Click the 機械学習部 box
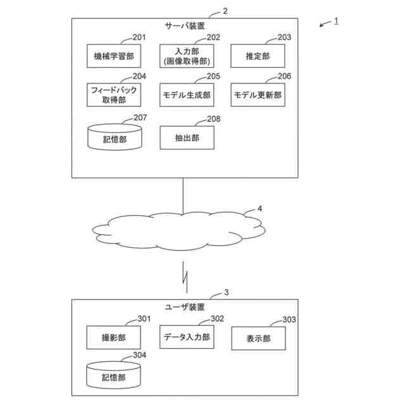[114, 56]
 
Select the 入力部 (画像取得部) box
[186, 56]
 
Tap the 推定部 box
[258, 56]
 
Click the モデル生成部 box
[186, 96]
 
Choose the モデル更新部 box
[258, 96]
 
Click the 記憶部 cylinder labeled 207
[114, 137]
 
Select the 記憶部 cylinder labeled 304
[114, 375]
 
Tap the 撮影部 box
[114, 337]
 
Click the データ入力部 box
[186, 337]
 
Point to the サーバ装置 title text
[185, 26]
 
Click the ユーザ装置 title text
[185, 307]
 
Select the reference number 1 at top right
[336, 21]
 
